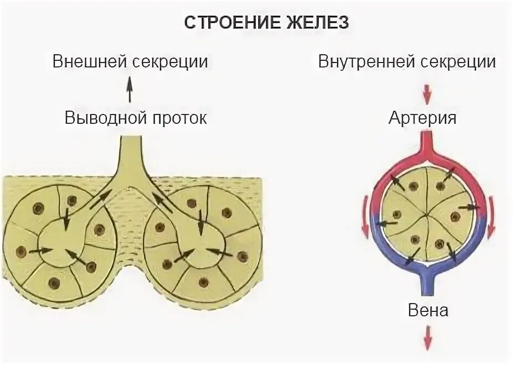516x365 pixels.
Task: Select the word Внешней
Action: [90, 61]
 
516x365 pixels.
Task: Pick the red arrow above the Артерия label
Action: [427, 94]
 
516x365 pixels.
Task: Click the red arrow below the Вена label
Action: [427, 338]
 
